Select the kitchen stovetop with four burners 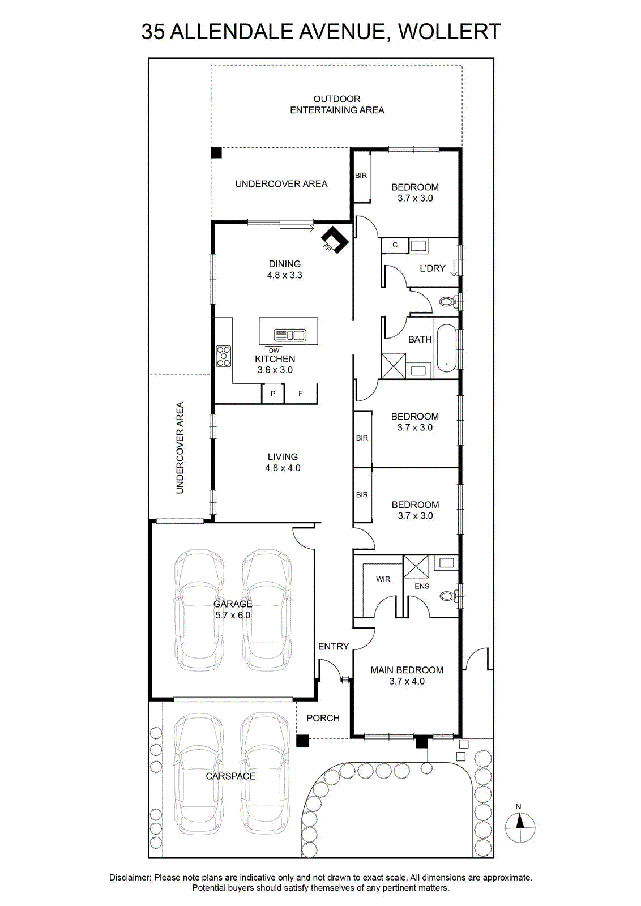pos(223,356)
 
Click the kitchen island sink pos(290,335)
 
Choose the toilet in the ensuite pos(448,595)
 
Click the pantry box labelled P pos(273,394)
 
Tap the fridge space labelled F pos(301,394)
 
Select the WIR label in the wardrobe pos(383,579)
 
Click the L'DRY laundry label pos(432,268)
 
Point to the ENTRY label pos(333,646)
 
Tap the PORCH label pos(323,718)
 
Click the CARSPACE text pos(230,776)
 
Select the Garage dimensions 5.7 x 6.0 pos(233,615)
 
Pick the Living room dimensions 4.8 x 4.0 pos(283,468)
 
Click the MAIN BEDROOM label pos(407,670)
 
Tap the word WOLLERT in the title pos(450,32)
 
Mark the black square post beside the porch pos(302,741)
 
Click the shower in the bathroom pos(394,366)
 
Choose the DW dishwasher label pos(274,351)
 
